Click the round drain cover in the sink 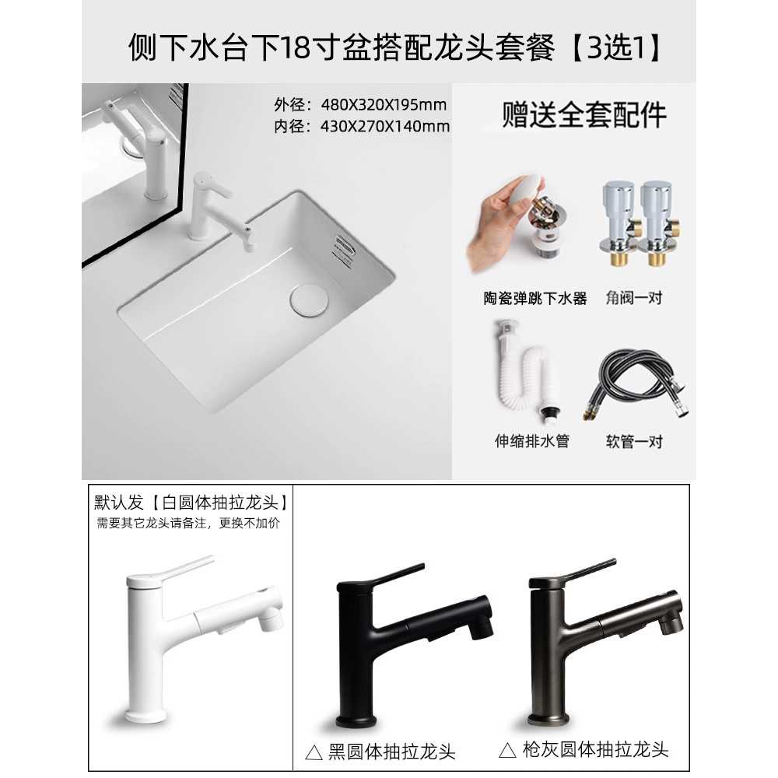(x=309, y=299)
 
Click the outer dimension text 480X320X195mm (x=384, y=105)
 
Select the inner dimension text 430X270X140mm (x=385, y=127)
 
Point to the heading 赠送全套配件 (x=584, y=115)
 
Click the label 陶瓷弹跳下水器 (x=535, y=298)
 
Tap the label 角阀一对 (x=633, y=298)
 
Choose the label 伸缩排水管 (x=531, y=440)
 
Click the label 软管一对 (x=634, y=441)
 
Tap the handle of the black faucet (x=397, y=573)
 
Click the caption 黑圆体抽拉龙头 (x=391, y=752)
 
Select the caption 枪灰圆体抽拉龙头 (x=595, y=749)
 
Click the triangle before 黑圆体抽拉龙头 (x=314, y=752)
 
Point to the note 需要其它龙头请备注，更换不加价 (x=188, y=523)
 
